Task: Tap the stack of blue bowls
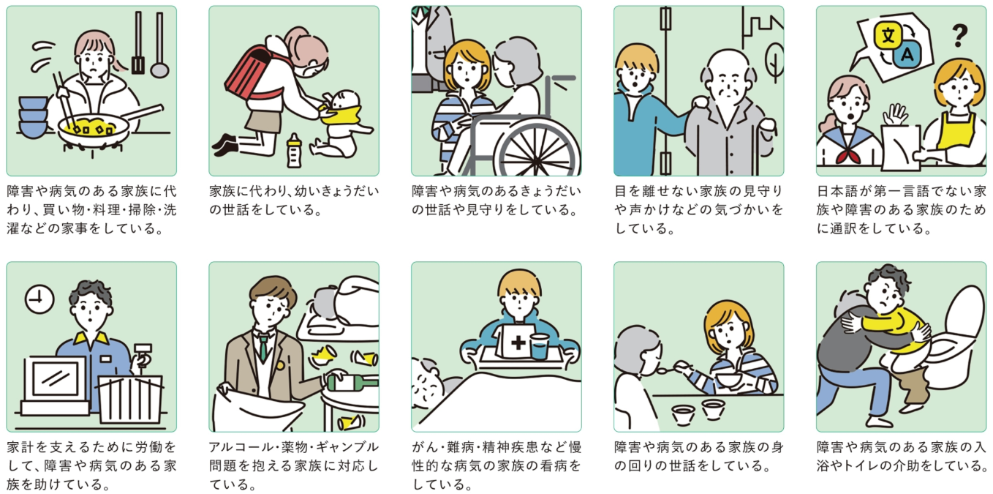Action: point(32,117)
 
